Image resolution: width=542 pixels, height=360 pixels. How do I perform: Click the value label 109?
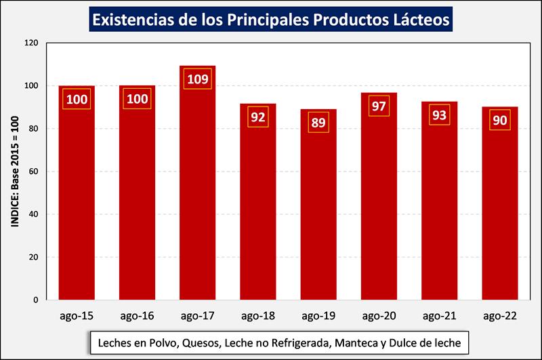(198, 79)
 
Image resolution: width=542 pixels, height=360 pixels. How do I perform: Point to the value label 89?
(318, 122)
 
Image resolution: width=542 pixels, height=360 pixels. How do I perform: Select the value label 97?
(379, 106)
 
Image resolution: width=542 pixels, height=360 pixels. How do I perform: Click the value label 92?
(258, 116)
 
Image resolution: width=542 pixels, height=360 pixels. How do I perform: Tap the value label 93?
(440, 115)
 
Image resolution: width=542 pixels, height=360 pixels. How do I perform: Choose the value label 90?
(500, 120)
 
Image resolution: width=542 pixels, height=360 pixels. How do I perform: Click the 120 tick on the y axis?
(30, 43)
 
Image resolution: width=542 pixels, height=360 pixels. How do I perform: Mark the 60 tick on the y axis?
(33, 172)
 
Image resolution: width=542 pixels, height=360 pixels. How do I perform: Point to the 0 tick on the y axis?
(35, 300)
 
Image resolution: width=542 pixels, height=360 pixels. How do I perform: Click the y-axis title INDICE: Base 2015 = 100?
(13, 172)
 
